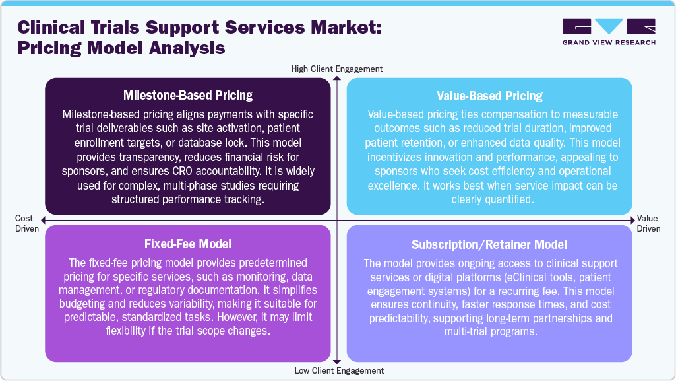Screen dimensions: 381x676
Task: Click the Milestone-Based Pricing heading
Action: coord(188,95)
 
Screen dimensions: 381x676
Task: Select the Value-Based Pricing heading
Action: coord(489,96)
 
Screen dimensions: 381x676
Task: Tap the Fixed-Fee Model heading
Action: coord(188,243)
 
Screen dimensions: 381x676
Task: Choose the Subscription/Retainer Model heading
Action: coord(489,244)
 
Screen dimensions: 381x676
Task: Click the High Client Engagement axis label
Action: coord(337,69)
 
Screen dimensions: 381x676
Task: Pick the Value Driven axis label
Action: coord(648,223)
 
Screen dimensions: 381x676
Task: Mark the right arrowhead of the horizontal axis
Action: coord(631,219)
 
